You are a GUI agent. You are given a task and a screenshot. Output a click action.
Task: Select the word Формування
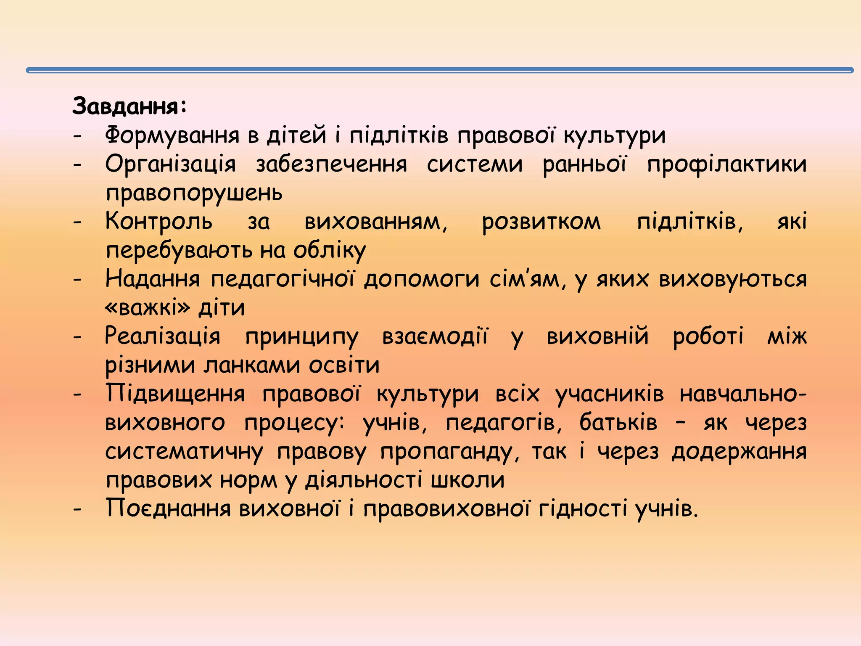point(173,135)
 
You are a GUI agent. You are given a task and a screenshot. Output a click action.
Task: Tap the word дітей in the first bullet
point(296,135)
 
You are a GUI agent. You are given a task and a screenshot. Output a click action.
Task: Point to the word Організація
point(170,164)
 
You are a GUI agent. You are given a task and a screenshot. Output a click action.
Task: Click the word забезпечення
point(331,164)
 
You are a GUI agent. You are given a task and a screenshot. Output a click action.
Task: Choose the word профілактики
point(726,164)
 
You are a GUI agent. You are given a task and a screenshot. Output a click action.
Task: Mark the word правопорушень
point(194,193)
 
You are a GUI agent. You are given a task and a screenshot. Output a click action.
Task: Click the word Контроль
point(159,222)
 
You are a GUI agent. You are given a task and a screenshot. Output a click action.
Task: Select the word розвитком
point(541,222)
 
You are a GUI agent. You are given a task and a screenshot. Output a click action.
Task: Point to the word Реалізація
point(162,336)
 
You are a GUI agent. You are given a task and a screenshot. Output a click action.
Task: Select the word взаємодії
point(435,336)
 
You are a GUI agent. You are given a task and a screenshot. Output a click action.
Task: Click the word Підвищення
point(175,394)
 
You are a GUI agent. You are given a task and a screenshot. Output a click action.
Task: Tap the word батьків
point(618,423)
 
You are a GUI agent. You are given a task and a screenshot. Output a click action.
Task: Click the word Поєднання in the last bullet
point(168,509)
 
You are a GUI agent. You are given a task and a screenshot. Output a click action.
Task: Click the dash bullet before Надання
point(77,279)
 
